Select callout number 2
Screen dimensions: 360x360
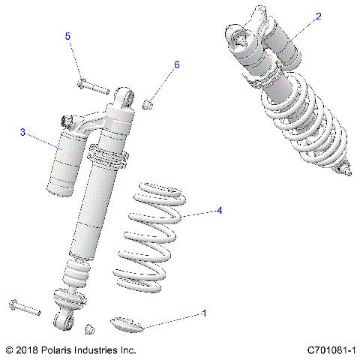click(319, 16)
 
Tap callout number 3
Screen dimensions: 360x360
click(22, 133)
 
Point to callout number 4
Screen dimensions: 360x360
click(219, 211)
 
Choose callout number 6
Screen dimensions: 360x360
click(177, 65)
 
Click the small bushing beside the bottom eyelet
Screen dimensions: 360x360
click(89, 328)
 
